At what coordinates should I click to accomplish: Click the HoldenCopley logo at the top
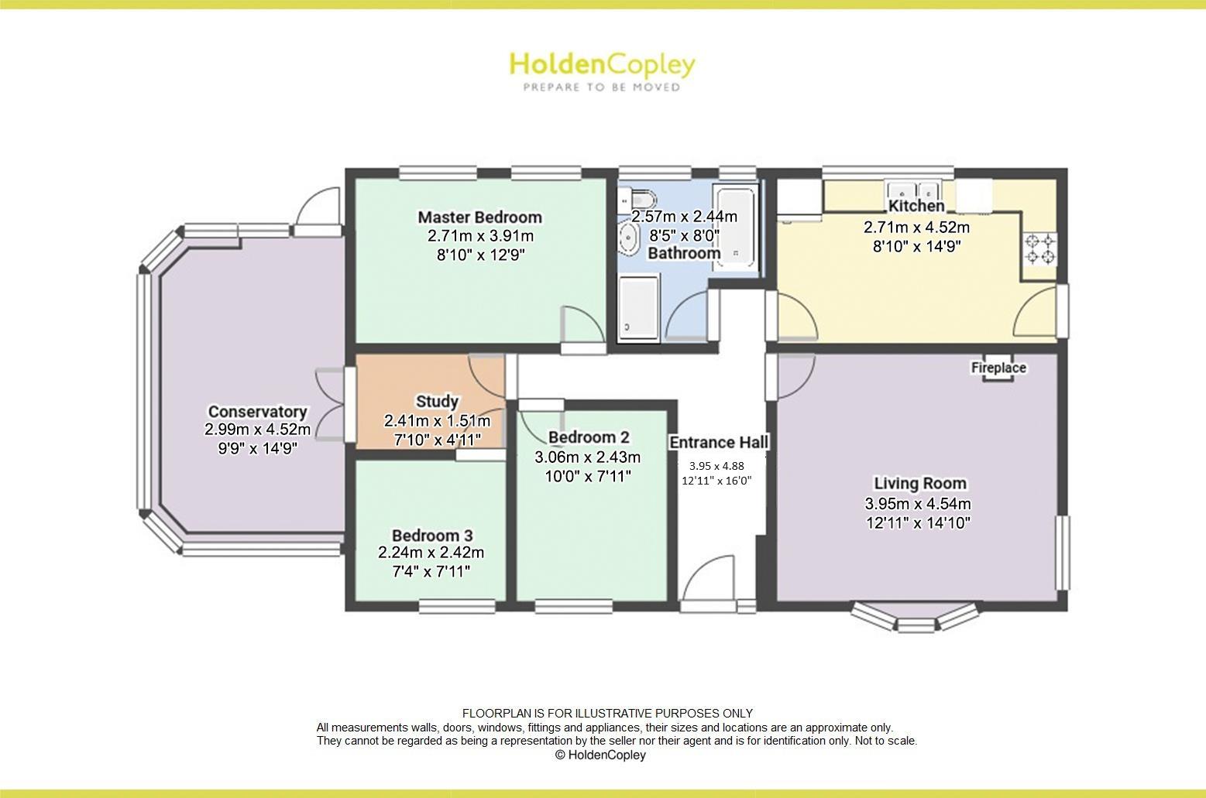tap(602, 65)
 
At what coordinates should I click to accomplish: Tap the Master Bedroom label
tap(479, 217)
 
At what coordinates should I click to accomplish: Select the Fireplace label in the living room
tap(998, 368)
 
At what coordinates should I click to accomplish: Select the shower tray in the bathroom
tap(638, 308)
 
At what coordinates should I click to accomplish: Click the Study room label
tap(437, 401)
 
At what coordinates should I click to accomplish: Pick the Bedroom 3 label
tap(431, 536)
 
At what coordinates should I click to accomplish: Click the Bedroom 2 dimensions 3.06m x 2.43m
tap(587, 457)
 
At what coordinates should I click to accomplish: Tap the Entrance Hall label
tap(719, 442)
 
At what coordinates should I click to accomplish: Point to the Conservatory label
tap(257, 412)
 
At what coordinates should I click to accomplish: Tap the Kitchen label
tap(916, 206)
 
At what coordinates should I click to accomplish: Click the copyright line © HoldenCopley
tap(600, 755)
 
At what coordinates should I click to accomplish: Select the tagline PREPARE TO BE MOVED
tap(601, 87)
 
